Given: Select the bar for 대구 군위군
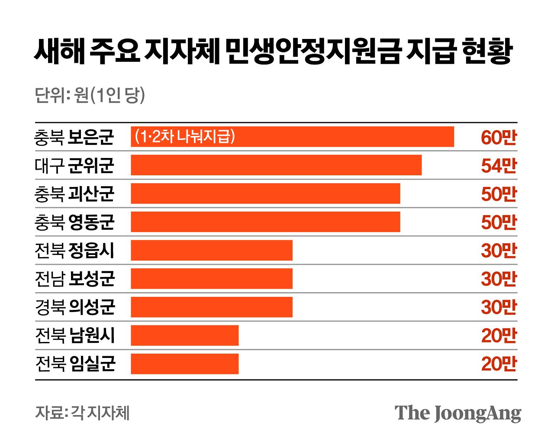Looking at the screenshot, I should (x=276, y=165).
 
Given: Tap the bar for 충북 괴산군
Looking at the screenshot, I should (x=265, y=193).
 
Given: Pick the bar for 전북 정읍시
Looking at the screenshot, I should (x=212, y=250).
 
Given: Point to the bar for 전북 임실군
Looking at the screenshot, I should (x=185, y=364).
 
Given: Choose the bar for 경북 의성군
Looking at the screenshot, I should (x=212, y=307).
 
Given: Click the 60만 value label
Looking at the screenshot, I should (x=499, y=137).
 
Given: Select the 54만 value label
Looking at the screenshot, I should (x=499, y=165).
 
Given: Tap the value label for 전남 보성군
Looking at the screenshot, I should (x=499, y=279).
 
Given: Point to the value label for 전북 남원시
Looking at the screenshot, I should (x=499, y=335).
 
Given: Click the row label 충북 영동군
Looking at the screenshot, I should (x=74, y=222).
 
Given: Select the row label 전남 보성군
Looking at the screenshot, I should (x=74, y=279).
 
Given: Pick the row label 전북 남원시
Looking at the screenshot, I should (x=74, y=335).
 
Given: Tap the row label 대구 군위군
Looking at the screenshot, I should (x=74, y=165).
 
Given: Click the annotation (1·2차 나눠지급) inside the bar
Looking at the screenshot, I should (x=185, y=137).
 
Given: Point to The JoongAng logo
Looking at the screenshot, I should (x=457, y=413).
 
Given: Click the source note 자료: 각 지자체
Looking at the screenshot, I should (x=82, y=413).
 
